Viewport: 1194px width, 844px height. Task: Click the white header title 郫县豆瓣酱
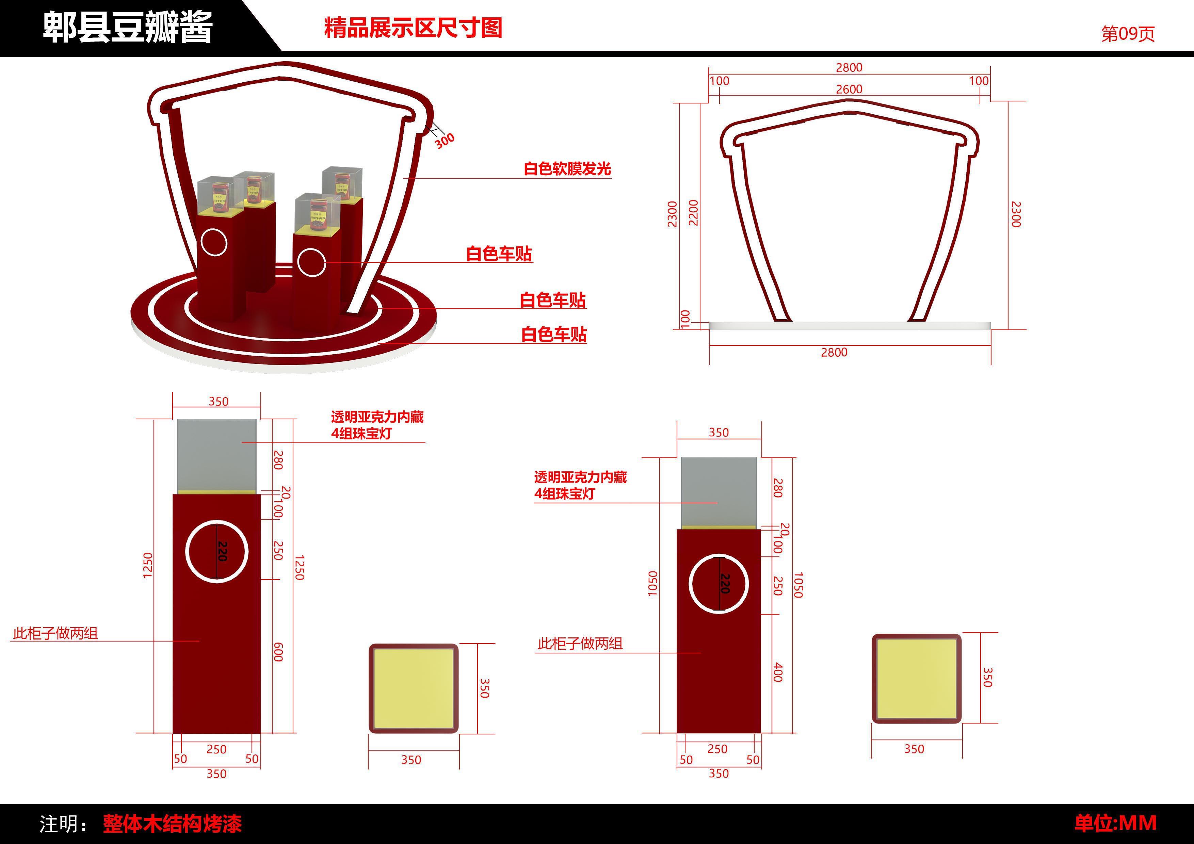point(127,27)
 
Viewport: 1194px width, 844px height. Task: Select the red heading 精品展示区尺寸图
point(413,28)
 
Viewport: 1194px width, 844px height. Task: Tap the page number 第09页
point(1127,34)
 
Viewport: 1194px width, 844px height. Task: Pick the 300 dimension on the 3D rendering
point(445,140)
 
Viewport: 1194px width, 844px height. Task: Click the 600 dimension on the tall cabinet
point(278,652)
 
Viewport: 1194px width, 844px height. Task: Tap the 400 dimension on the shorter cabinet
point(777,672)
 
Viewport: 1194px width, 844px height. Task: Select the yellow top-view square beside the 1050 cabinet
point(916,678)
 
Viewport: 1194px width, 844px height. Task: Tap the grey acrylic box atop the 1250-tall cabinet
point(216,455)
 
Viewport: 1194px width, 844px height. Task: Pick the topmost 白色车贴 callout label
point(499,254)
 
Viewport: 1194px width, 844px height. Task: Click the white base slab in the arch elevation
point(850,326)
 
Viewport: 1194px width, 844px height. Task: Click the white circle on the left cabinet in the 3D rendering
point(214,242)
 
